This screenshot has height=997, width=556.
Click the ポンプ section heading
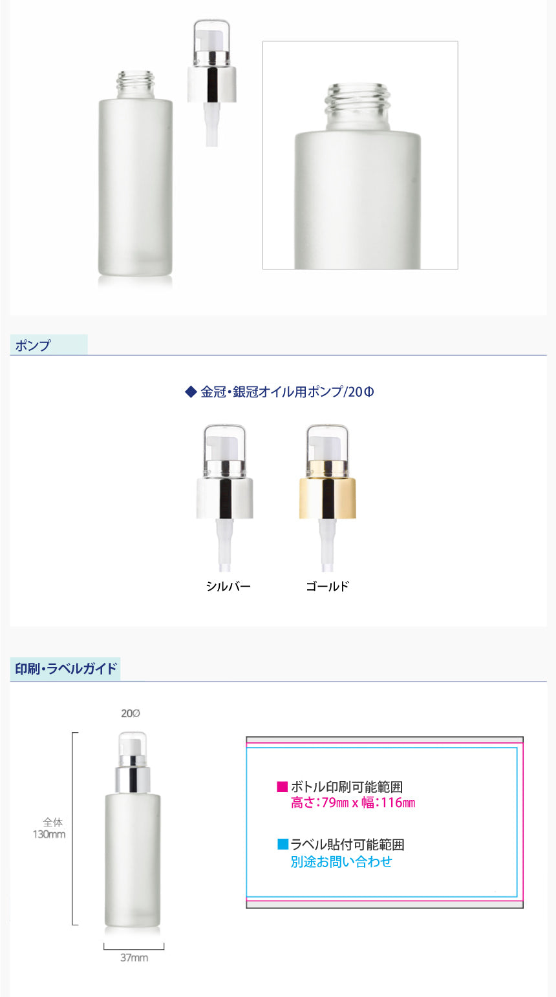coord(32,346)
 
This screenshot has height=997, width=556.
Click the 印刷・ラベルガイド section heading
coord(66,669)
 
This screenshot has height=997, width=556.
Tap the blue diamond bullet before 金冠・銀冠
coord(191,392)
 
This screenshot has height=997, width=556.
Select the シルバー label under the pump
coord(228,586)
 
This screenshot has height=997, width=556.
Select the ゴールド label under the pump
coord(327,586)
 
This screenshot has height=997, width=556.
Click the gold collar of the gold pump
coord(327,498)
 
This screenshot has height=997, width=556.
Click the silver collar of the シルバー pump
coord(225,498)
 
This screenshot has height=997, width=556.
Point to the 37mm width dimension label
coord(134,958)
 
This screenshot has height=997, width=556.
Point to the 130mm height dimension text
coord(49,834)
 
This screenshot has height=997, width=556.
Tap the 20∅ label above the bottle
coord(131,713)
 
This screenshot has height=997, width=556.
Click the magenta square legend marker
coord(282,786)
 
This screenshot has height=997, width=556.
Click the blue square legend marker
coord(283,844)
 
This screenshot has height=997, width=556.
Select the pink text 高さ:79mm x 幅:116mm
coord(353,803)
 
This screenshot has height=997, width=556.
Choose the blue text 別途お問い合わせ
coord(341,862)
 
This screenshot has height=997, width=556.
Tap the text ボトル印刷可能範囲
coord(347,786)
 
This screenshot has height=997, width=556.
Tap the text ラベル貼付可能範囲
coord(348,845)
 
